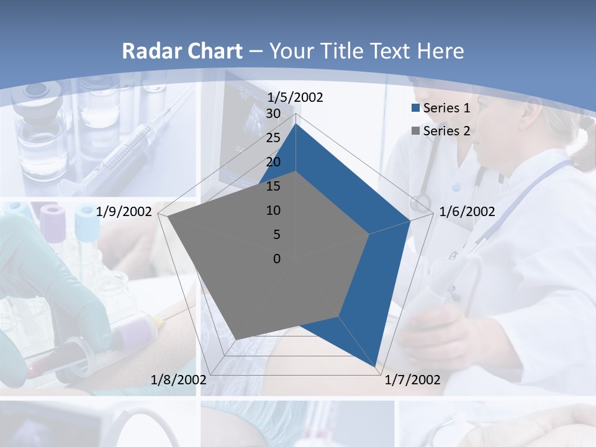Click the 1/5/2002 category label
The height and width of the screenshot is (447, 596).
click(296, 97)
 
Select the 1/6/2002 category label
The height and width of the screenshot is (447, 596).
click(467, 212)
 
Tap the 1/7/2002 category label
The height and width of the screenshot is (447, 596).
click(412, 379)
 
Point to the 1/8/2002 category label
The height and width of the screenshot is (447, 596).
click(179, 379)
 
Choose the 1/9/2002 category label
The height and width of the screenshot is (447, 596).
click(124, 212)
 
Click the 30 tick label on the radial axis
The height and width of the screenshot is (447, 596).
click(273, 114)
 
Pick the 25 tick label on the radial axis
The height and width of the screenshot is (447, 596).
click(273, 138)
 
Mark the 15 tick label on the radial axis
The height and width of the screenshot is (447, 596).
click(273, 186)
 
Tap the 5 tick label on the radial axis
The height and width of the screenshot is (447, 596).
click(276, 235)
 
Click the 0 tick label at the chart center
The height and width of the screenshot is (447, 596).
click(277, 258)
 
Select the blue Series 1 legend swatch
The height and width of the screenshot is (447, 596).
click(416, 108)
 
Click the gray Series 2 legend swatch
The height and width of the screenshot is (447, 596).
click(416, 131)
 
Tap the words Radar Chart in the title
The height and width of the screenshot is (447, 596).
click(182, 51)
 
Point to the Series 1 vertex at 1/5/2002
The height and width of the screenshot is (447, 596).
click(296, 124)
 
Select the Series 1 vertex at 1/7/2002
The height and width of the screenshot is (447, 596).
click(376, 366)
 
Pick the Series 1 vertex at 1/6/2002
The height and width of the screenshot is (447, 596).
click(410, 220)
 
